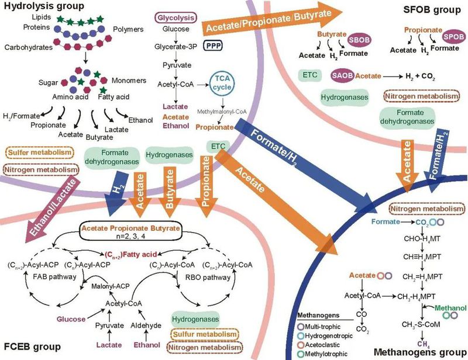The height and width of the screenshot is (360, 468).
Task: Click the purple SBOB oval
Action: pos(358,39)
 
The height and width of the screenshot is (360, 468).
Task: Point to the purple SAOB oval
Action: pos(342,75)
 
